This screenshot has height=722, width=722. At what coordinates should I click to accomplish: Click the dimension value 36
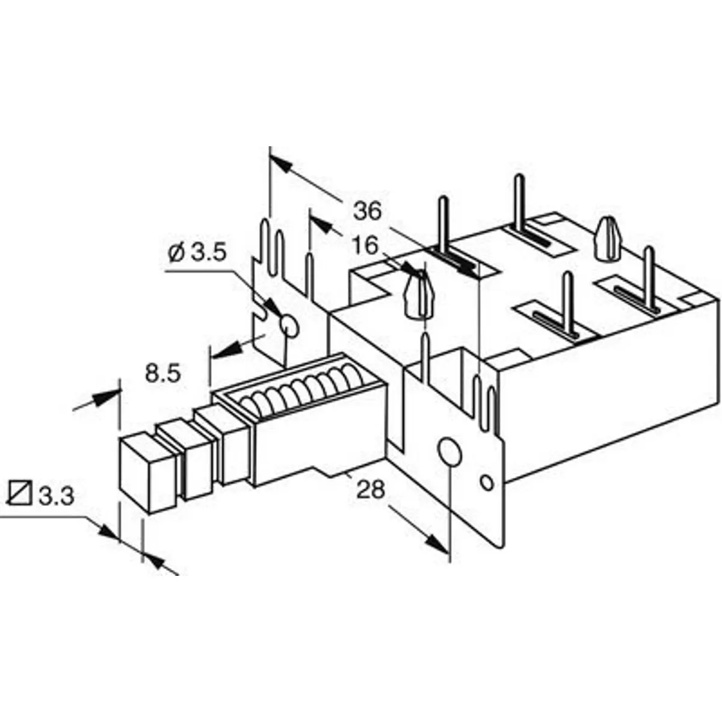(367, 211)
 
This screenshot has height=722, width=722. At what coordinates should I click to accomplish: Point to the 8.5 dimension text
(162, 374)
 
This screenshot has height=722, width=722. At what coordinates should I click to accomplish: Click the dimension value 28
(370, 490)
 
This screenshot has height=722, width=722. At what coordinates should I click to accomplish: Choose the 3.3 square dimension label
(56, 496)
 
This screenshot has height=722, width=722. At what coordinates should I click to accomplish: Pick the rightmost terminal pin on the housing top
(649, 277)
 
